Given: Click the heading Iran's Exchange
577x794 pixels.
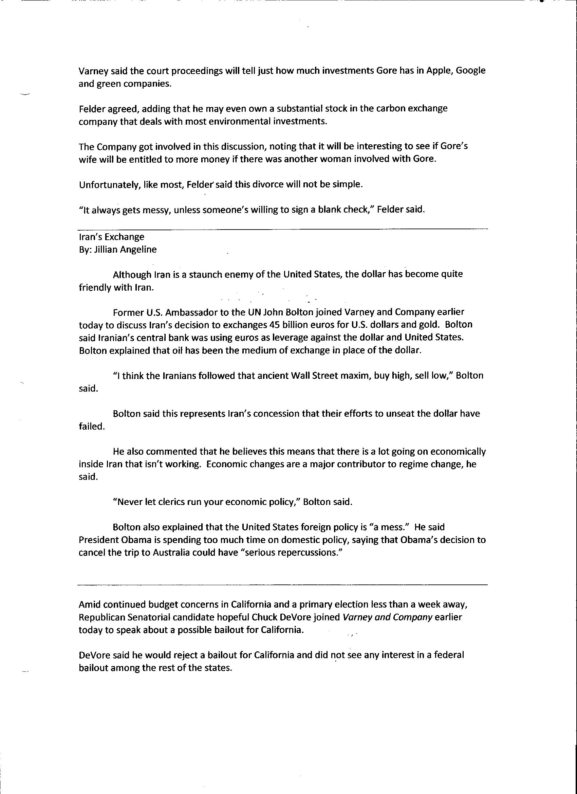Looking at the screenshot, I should (x=112, y=237).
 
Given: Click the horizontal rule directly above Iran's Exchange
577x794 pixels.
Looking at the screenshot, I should (x=283, y=230).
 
